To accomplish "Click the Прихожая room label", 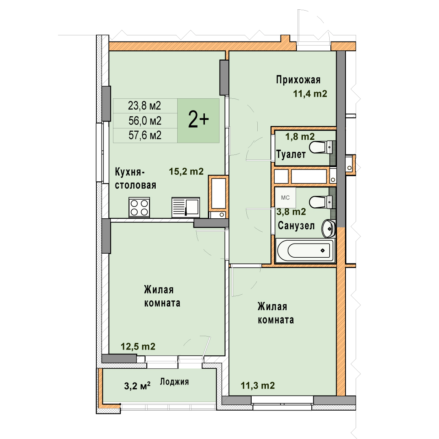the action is [298, 80].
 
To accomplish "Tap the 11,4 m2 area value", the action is [310, 93].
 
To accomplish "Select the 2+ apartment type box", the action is [198, 121].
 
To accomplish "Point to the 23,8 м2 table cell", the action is [145, 106].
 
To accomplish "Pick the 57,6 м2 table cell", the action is [145, 135].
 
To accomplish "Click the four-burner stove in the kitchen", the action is [139, 207].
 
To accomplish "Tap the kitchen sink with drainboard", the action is [186, 207].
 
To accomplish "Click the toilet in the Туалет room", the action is [322, 147].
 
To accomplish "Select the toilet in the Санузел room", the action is [322, 202].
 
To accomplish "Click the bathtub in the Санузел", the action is [305, 250].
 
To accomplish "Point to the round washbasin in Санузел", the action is [328, 228].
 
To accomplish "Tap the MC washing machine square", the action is [285, 198].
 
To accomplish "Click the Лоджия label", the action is [174, 382].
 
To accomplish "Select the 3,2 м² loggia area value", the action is [137, 386].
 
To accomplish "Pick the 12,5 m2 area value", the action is [138, 347].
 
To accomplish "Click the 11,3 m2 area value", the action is [258, 385].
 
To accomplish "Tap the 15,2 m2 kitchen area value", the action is [186, 172].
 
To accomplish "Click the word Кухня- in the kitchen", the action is [130, 172].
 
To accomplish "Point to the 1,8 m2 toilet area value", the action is [300, 137].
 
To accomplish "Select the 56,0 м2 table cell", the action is [145, 121].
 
